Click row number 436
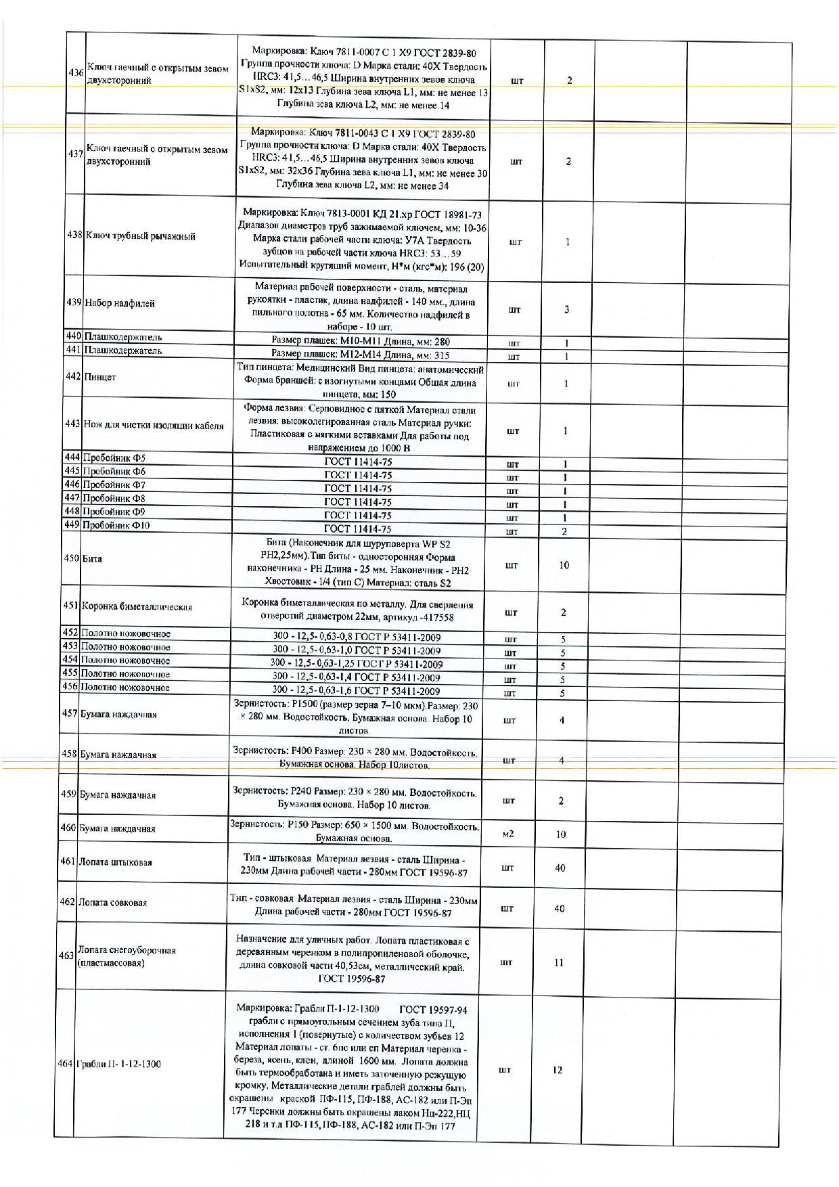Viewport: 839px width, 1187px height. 76,73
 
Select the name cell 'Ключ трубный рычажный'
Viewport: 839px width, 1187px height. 140,236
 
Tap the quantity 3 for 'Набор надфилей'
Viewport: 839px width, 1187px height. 567,309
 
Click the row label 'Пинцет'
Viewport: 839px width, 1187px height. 99,377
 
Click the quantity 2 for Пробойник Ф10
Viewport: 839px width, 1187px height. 565,531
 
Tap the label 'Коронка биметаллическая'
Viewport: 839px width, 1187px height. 137,606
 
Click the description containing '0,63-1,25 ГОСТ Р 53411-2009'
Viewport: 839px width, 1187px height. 356,664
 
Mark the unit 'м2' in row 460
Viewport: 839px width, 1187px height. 508,834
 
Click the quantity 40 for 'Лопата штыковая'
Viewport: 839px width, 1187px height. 560,868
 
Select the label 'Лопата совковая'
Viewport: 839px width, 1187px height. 112,902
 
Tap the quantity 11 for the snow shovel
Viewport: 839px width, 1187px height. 559,962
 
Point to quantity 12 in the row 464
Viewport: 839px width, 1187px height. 558,1070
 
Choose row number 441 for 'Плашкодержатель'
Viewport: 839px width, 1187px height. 73,350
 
